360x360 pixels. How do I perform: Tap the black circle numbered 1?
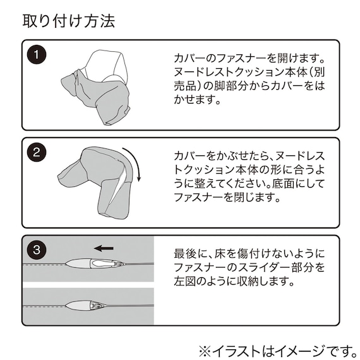[x=39, y=55]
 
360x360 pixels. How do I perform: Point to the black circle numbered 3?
[x=39, y=249]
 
